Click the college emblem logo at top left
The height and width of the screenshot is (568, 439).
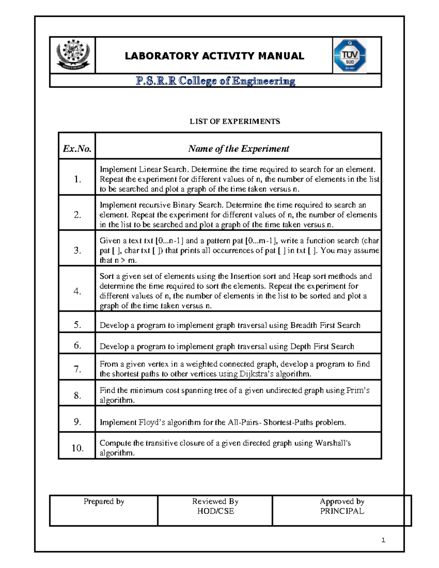(72, 55)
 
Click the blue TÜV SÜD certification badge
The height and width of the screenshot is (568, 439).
(349, 56)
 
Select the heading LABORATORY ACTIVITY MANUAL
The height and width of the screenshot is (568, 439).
(214, 56)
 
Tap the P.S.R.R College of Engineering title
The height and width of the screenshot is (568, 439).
(215, 81)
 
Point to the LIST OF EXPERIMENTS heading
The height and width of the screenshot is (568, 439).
(234, 121)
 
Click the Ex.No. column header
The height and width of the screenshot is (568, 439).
(77, 148)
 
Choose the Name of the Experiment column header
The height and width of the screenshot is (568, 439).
(239, 148)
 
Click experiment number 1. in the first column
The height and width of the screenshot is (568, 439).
(77, 179)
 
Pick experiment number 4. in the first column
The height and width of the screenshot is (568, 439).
(77, 291)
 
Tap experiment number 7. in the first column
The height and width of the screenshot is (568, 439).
(77, 369)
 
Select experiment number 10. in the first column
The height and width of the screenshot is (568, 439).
(77, 448)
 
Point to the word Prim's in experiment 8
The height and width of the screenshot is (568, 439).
(358, 390)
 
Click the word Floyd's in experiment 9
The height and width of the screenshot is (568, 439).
(152, 422)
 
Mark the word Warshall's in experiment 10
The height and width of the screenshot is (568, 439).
(333, 443)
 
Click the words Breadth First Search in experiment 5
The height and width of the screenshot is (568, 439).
(325, 325)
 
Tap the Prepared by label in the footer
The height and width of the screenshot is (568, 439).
(104, 501)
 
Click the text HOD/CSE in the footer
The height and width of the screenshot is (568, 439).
(215, 511)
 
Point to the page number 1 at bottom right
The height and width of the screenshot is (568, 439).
(383, 540)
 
